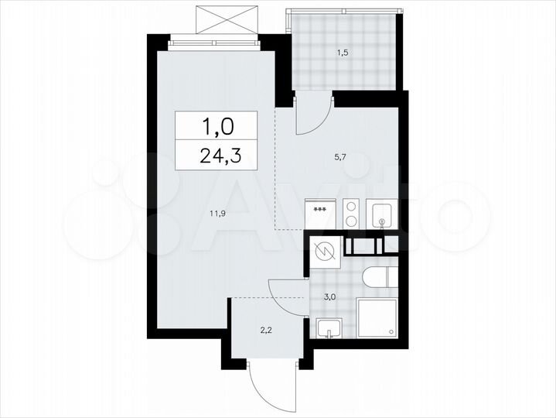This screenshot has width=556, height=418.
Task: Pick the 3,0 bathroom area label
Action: [x=329, y=296]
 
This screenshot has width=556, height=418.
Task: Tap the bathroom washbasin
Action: [x=328, y=328]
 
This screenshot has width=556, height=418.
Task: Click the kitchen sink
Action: [x=382, y=214]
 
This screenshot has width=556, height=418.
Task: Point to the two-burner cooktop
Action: [x=351, y=214]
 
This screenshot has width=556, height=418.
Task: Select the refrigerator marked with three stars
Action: [x=320, y=214]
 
